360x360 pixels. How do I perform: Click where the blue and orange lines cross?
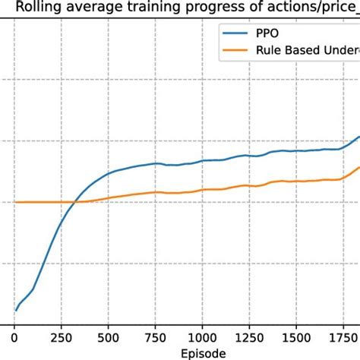[74, 201]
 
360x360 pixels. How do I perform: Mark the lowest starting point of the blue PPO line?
[15, 310]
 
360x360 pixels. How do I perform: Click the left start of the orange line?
[15, 202]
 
